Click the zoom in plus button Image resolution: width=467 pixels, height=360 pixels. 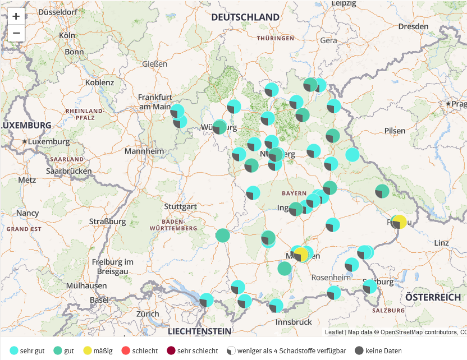tap(16, 16)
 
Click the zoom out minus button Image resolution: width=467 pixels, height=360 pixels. tap(16, 33)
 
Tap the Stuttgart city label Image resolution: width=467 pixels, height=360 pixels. tap(180, 207)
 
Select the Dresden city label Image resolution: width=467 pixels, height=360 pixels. tap(413, 27)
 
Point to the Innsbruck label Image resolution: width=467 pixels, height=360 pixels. tap(293, 322)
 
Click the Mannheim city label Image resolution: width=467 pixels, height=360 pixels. tap(144, 151)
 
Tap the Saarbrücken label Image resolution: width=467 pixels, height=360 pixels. tap(69, 171)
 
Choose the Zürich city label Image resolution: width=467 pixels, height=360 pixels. tap(147, 314)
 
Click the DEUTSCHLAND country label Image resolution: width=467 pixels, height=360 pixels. tap(245, 17)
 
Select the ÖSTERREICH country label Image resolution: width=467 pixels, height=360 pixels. tap(433, 297)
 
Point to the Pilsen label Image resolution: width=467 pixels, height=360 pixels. tap(395, 131)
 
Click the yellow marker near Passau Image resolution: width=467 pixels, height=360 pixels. tap(399, 222)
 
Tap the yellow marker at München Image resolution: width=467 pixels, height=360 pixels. tap(301, 254)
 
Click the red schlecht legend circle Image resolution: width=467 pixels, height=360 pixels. tap(125, 350)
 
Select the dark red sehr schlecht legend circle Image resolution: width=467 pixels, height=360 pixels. tap(171, 350)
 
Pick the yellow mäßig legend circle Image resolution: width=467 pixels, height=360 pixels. tap(87, 350)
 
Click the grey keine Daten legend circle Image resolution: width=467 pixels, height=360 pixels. tap(359, 350)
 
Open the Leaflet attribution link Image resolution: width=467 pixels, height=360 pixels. tap(334, 332)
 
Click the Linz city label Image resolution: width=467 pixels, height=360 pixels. tap(441, 243)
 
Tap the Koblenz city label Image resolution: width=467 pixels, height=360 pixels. tap(99, 82)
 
